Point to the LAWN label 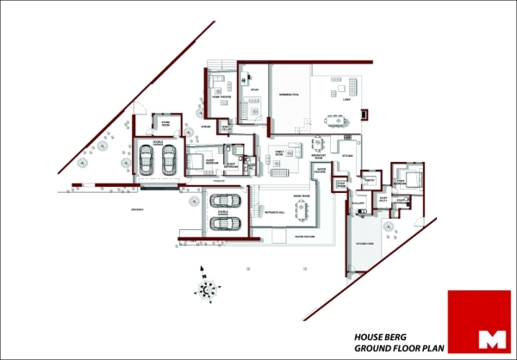coord(346,99)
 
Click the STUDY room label coord(254,90)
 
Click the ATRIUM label coord(206,127)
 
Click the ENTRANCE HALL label coord(275,210)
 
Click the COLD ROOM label coord(339,184)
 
